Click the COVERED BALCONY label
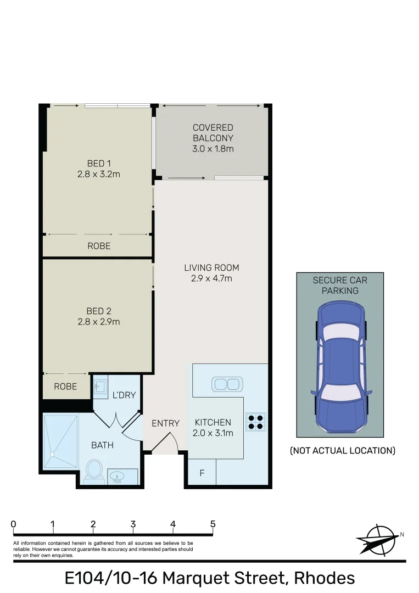point(213,132)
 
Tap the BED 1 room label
point(99,163)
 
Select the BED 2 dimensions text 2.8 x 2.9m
point(99,322)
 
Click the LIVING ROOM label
point(211,268)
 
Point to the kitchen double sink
point(227,384)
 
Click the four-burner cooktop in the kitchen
point(255,421)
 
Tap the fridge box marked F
point(202,472)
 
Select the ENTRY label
point(165,423)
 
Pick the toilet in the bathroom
point(94,469)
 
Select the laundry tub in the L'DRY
point(100,387)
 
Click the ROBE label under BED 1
point(99,246)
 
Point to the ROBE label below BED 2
point(65,387)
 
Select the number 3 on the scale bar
point(133,524)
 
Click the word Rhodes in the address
point(324,578)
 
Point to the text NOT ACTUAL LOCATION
point(342,451)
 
